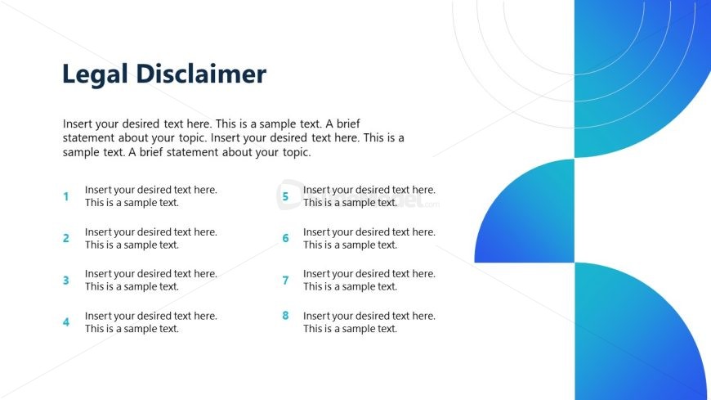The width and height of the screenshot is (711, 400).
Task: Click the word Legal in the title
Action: click(91, 74)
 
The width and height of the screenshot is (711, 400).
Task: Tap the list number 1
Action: click(66, 196)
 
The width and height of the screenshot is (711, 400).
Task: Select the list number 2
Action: click(66, 238)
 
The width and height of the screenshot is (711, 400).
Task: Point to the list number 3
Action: click(66, 281)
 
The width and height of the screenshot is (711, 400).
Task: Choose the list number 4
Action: click(66, 322)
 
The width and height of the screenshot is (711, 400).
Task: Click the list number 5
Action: click(285, 196)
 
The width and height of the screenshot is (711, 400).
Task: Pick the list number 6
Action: click(285, 238)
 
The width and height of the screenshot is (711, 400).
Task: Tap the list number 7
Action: click(285, 281)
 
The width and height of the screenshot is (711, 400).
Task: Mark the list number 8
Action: click(285, 316)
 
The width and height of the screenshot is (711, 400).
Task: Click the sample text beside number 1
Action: click(150, 196)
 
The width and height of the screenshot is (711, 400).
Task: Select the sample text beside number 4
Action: click(150, 322)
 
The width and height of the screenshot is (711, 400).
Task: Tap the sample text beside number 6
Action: click(369, 238)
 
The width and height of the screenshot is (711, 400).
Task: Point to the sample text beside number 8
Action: click(369, 322)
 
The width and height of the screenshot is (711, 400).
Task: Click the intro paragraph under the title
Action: click(233, 137)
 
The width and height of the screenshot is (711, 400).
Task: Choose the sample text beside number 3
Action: click(150, 281)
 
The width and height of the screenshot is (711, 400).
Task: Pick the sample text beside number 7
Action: click(369, 281)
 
